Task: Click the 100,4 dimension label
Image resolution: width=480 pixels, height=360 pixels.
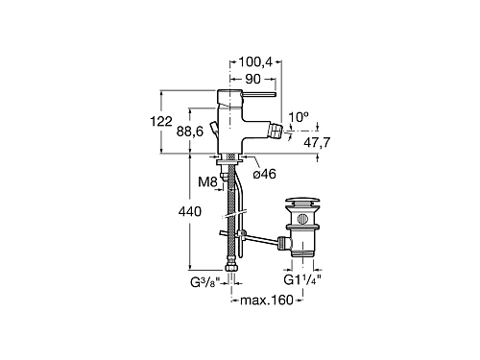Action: (x=255, y=62)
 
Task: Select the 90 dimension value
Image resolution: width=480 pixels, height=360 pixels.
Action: (x=253, y=79)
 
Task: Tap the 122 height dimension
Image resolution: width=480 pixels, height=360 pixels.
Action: (x=161, y=121)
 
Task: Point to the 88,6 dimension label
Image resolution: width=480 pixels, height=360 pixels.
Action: (x=190, y=132)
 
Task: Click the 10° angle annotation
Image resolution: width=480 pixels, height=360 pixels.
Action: (x=299, y=117)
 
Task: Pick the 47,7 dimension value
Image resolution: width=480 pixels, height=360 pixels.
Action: (x=317, y=142)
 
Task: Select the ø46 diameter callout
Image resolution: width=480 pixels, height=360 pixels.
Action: (x=264, y=174)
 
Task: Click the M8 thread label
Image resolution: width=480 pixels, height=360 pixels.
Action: (x=207, y=182)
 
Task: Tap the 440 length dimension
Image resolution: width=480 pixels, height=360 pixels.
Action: (x=190, y=211)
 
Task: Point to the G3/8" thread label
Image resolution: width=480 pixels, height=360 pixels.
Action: (x=205, y=282)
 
